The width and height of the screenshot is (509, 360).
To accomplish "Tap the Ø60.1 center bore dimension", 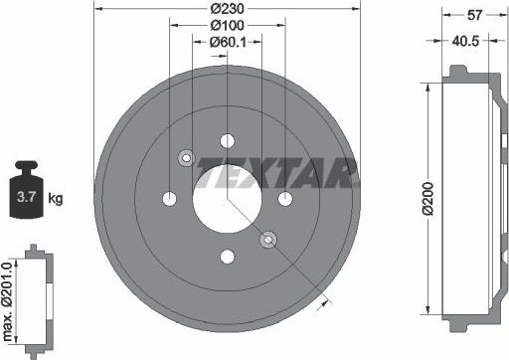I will click(229, 42).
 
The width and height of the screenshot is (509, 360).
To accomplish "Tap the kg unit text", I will click(56, 199).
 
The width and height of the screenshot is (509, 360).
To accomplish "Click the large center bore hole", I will click(227, 198).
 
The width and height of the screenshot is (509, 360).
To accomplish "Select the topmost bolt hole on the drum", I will click(227, 140).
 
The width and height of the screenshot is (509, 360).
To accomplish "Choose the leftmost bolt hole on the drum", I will click(170, 198).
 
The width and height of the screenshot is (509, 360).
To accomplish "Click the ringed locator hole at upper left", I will click(186, 157).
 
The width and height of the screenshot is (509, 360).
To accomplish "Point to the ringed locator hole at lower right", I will click(267, 239).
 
